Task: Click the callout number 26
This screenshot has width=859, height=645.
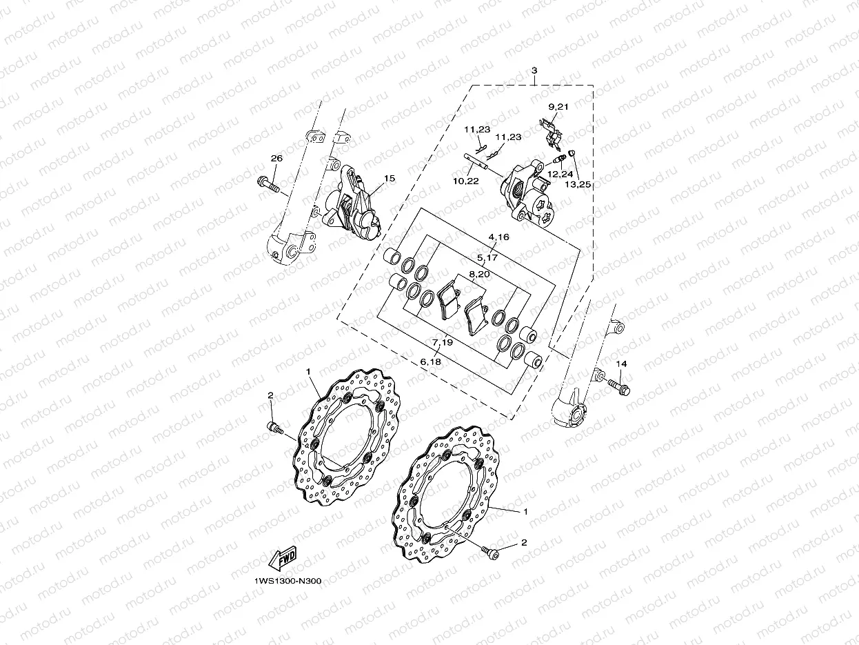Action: click(x=276, y=159)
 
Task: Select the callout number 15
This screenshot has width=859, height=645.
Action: click(x=390, y=179)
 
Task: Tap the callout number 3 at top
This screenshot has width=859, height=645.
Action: click(x=534, y=71)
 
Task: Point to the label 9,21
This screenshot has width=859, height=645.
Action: click(x=558, y=107)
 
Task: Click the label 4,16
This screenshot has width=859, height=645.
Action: click(x=498, y=237)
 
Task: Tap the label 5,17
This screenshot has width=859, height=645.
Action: click(x=487, y=257)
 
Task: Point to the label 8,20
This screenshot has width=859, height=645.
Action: click(x=479, y=275)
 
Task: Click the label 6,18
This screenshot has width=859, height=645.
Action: click(x=430, y=361)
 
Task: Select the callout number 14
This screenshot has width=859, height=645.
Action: click(x=621, y=364)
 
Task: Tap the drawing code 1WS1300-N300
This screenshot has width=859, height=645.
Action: click(x=287, y=581)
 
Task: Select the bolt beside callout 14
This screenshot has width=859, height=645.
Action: click(x=618, y=387)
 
